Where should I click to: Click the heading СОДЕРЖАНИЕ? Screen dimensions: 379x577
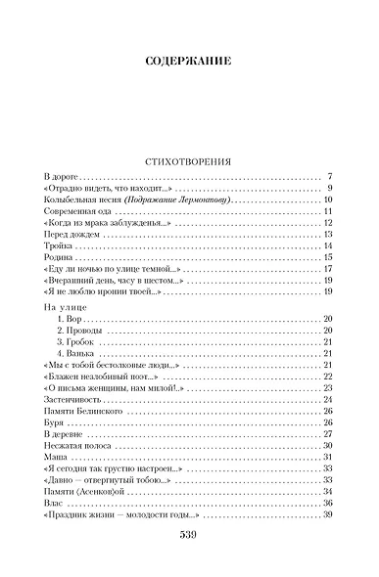coord(189,62)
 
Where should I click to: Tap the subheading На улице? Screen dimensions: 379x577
coord(66,306)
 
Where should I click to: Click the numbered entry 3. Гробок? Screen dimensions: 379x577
coord(77,342)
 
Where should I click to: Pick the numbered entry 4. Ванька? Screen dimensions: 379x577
coord(77,354)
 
